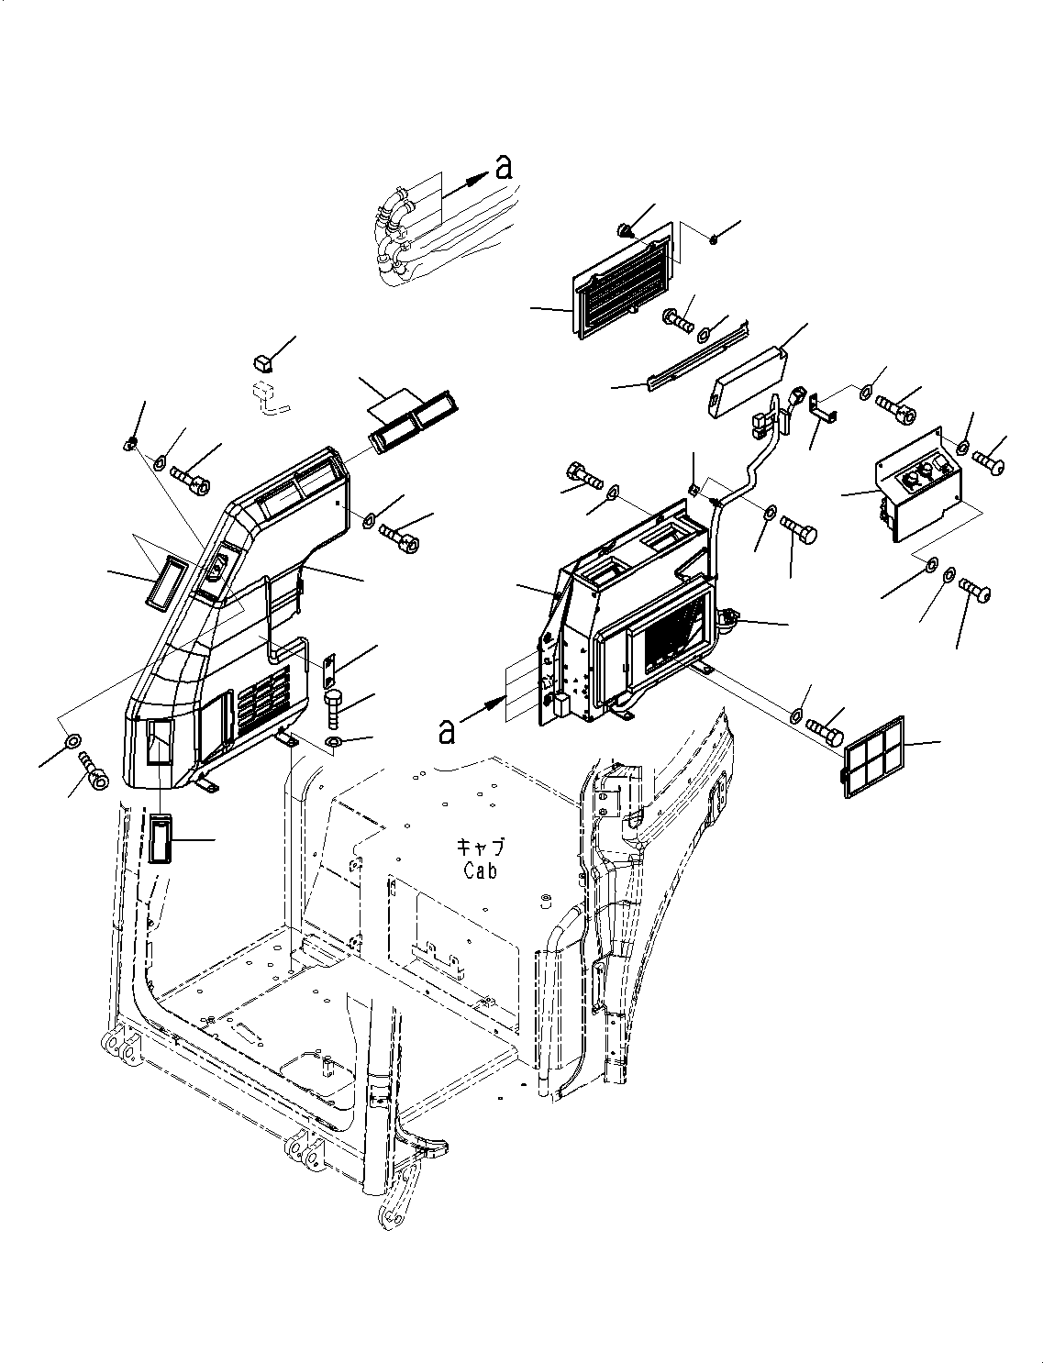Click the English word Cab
click(480, 870)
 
